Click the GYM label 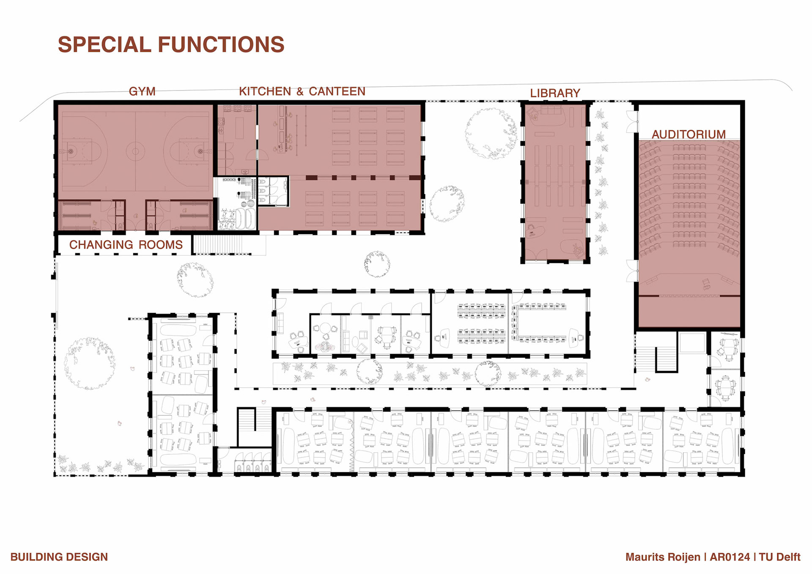(142, 91)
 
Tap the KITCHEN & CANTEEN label (302, 91)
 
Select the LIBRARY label (555, 93)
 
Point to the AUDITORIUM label (689, 134)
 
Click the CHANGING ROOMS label (126, 245)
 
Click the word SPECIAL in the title (104, 44)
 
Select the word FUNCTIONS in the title (221, 44)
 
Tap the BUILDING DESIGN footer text (59, 557)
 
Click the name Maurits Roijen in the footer (663, 557)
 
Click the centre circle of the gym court (135, 151)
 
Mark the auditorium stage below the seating (689, 312)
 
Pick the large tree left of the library (491, 134)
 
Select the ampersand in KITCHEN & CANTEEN (300, 92)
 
